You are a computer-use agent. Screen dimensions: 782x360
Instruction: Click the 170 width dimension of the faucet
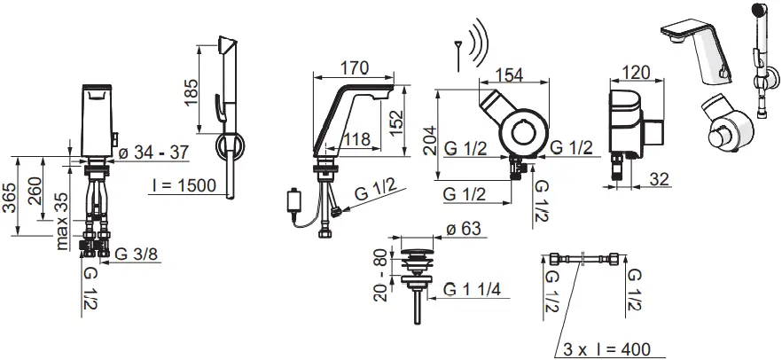[x=353, y=67]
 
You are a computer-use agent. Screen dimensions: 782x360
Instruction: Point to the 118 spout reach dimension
[x=357, y=139]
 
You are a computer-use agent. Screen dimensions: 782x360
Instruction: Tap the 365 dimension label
[x=11, y=197]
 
